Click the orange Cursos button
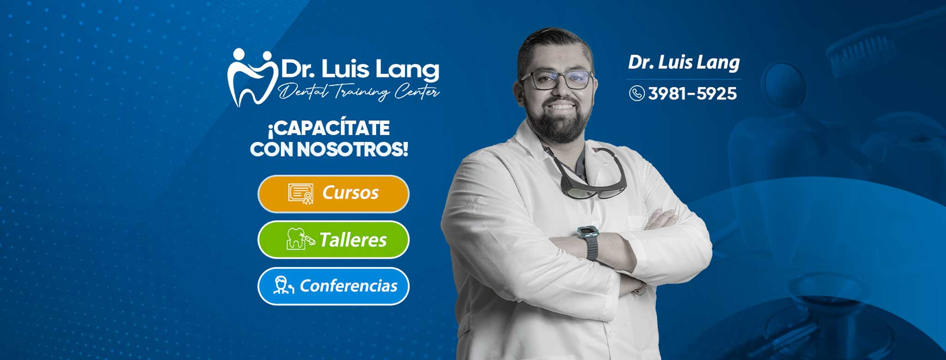point(333,194)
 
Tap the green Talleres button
point(333,240)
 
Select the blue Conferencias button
point(333,286)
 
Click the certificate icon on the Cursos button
point(301,194)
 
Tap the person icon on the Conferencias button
point(283,286)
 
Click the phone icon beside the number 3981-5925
point(637,93)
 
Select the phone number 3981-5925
point(692,94)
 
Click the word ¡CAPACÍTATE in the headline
point(329,128)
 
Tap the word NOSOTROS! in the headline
point(352,149)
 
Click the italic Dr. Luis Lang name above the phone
point(684,62)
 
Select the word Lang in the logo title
point(407,70)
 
